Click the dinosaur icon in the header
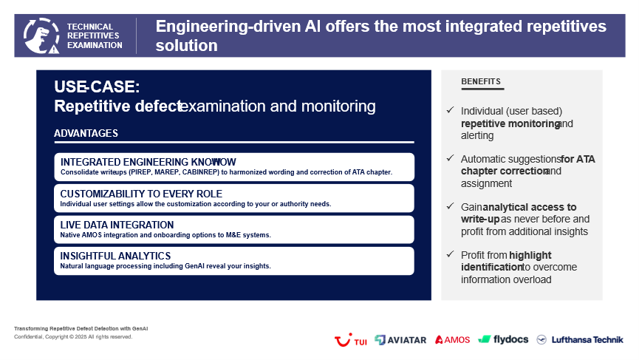41,36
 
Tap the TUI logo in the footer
350,340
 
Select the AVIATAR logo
400,340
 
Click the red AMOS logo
452,339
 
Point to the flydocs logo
503,339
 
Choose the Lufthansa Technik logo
580,339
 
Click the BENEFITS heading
481,81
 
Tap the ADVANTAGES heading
86,133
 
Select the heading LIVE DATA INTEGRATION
117,225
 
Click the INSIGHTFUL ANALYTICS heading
115,256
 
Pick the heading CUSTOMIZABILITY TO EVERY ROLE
141,194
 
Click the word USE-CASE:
97,86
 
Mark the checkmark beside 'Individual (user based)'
451,110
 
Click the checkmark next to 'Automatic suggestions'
451,157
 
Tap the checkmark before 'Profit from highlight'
451,254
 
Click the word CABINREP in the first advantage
200,172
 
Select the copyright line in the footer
73,337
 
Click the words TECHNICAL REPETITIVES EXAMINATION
95,36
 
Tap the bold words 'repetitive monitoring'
510,123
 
